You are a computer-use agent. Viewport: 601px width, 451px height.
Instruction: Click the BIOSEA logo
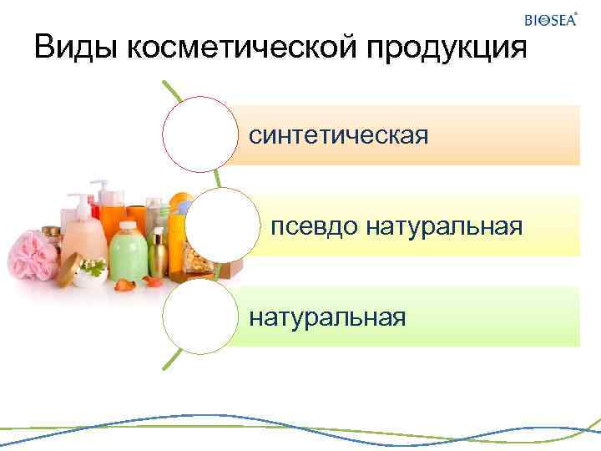550,20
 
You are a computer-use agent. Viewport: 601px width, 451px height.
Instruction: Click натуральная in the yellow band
444,225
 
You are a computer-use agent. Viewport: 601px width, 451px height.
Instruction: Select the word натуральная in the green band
327,317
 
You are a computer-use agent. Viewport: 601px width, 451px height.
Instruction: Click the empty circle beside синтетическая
200,134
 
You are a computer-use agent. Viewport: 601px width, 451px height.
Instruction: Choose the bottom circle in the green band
200,317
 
